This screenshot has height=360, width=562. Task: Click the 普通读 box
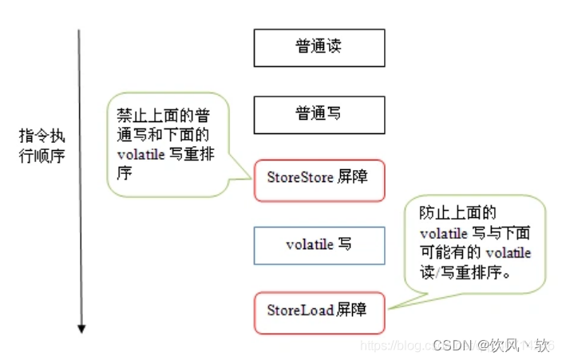coord(319,47)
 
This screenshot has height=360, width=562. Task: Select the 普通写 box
coord(319,114)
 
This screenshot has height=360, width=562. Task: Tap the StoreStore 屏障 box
coord(319,178)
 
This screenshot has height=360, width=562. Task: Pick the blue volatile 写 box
coord(319,245)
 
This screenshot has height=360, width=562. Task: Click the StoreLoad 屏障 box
coord(319,311)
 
